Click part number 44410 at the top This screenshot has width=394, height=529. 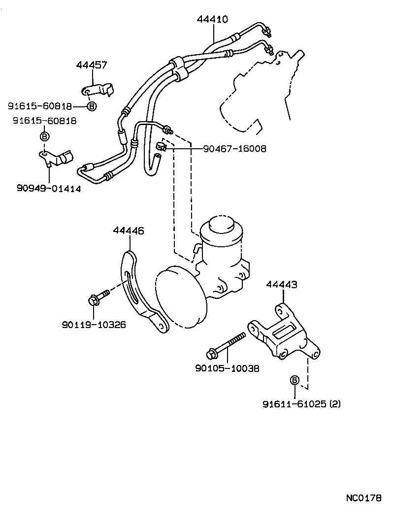click(x=212, y=20)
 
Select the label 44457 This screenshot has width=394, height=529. click(x=92, y=65)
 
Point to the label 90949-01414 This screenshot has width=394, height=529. click(x=48, y=188)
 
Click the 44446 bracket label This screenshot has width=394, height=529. click(x=129, y=230)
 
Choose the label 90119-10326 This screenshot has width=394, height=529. click(x=94, y=325)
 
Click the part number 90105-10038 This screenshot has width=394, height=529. click(x=228, y=368)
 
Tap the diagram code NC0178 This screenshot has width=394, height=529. click(x=363, y=498)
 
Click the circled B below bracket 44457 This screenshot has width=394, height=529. click(x=92, y=106)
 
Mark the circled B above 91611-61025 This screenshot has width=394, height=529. click(x=295, y=380)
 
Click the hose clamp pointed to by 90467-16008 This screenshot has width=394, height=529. click(x=161, y=146)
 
